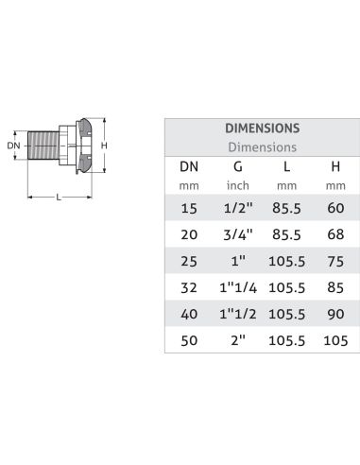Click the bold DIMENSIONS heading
click(x=263, y=129)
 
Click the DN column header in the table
click(x=189, y=166)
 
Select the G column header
click(x=238, y=166)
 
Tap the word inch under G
click(x=238, y=185)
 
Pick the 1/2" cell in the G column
click(x=238, y=208)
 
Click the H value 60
click(x=335, y=208)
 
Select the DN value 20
click(x=189, y=234)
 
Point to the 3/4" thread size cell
click(x=238, y=234)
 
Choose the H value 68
click(x=335, y=234)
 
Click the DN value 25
click(x=189, y=261)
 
